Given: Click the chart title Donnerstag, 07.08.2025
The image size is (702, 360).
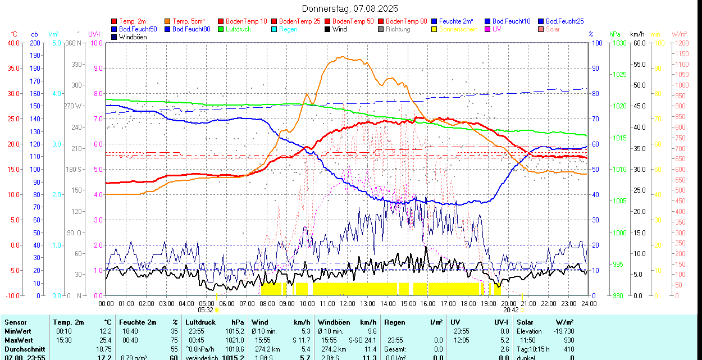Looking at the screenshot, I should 350,8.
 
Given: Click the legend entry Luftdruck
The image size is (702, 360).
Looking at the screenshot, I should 238,29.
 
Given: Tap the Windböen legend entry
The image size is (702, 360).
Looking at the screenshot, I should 131,37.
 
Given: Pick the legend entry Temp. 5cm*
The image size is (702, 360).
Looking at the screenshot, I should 188,21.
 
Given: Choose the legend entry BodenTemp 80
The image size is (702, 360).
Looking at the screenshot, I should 407,21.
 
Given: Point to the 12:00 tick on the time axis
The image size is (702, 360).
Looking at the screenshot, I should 347,303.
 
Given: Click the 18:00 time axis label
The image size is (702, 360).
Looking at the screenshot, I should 468,303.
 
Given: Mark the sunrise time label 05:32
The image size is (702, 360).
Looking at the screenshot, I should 206,309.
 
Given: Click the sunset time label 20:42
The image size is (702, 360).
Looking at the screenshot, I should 510,309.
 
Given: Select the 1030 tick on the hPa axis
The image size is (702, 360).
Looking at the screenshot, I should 619,43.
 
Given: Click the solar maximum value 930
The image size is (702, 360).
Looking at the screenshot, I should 569,340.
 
